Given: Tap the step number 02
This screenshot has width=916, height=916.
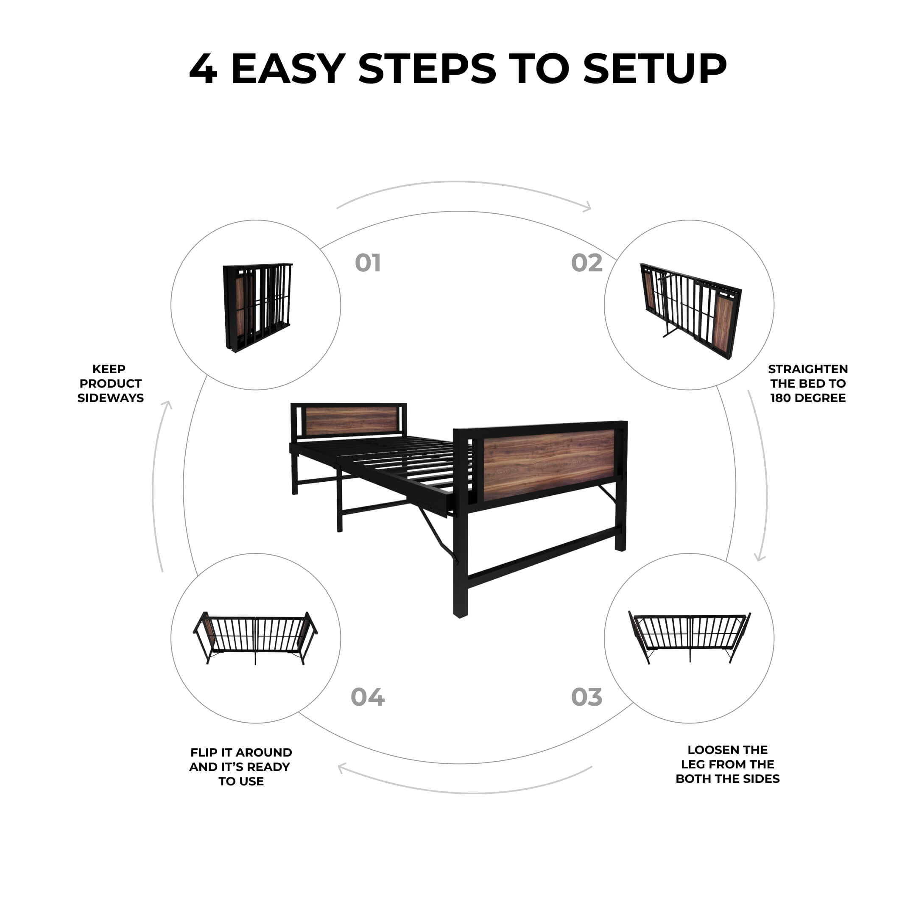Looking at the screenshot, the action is click(x=586, y=263).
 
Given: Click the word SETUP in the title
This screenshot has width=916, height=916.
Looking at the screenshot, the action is click(x=655, y=69).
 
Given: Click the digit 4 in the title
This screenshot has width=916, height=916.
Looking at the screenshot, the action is click(x=203, y=69).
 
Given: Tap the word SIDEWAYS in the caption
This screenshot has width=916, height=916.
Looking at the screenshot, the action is click(x=110, y=398).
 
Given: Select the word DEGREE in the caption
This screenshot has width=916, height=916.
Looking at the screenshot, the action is click(x=822, y=398).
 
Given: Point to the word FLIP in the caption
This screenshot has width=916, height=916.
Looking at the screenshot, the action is click(x=204, y=752).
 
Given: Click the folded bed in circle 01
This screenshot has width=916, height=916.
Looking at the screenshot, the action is click(x=257, y=307).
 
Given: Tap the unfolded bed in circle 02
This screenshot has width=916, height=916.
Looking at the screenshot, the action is click(x=690, y=310).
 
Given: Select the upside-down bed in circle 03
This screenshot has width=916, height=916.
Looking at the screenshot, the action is click(x=690, y=637).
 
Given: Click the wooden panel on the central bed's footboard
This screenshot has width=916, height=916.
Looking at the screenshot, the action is click(x=549, y=465).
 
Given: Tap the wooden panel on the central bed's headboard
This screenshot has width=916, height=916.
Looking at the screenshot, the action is click(x=351, y=421).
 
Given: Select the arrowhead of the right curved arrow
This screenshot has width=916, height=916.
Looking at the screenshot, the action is click(x=760, y=557).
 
